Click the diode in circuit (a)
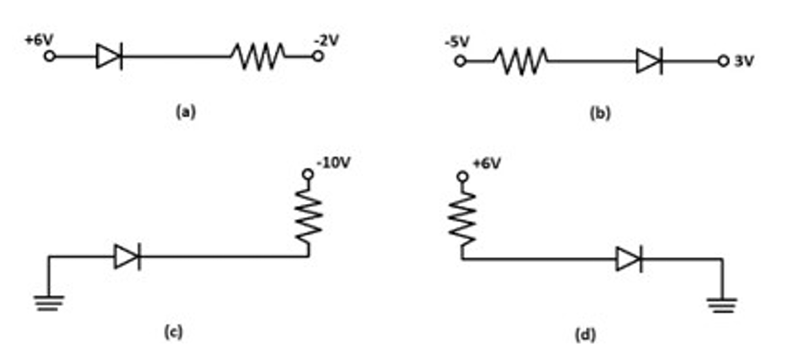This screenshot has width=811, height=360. coord(109,56)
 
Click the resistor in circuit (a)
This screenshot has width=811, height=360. coord(258,56)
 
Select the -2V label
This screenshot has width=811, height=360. coord(326,40)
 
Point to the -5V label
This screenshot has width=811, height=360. coord(457,41)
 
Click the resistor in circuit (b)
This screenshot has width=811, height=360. coord(521,61)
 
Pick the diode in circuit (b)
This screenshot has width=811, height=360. coord(649,61)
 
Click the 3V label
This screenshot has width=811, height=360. coord(744,61)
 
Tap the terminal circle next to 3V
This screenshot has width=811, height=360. coord(723,61)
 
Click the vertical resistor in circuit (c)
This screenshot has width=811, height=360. coord(309,216)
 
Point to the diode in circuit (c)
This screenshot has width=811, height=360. coord(127,256)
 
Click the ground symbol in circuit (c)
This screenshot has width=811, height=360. coord(50,303)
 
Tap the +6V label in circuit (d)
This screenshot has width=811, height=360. coord(486,165)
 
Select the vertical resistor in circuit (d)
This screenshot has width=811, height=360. coord(462,219)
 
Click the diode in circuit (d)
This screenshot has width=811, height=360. coord(629,258)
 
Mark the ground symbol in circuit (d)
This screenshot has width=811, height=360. coord(722,305)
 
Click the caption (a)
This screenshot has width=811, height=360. coord(187,112)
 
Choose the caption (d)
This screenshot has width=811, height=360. coord(586,335)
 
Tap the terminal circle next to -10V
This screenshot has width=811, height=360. coord(308,174)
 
